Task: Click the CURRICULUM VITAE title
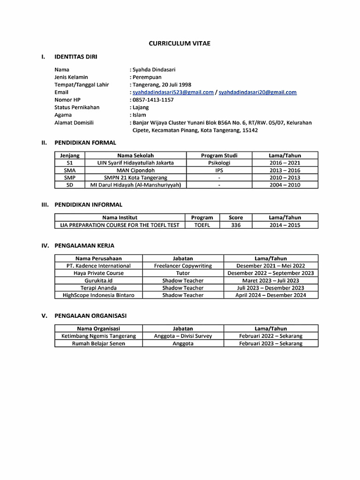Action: click(180, 43)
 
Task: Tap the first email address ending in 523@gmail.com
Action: click(173, 92)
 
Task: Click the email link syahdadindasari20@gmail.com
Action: click(257, 92)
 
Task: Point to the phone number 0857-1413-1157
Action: click(153, 100)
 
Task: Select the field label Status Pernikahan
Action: click(77, 107)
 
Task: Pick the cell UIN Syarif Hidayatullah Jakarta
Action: click(135, 163)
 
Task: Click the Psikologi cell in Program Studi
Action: click(219, 163)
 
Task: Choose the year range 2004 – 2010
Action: click(285, 185)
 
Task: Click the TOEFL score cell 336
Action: click(236, 225)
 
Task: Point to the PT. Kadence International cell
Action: click(98, 266)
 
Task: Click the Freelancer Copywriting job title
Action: click(183, 266)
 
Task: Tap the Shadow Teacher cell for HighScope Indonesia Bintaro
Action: click(183, 295)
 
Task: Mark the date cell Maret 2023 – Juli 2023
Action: click(270, 280)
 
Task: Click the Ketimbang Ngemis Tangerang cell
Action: click(98, 336)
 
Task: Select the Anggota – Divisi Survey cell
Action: click(183, 336)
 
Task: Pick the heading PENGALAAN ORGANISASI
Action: click(90, 316)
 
